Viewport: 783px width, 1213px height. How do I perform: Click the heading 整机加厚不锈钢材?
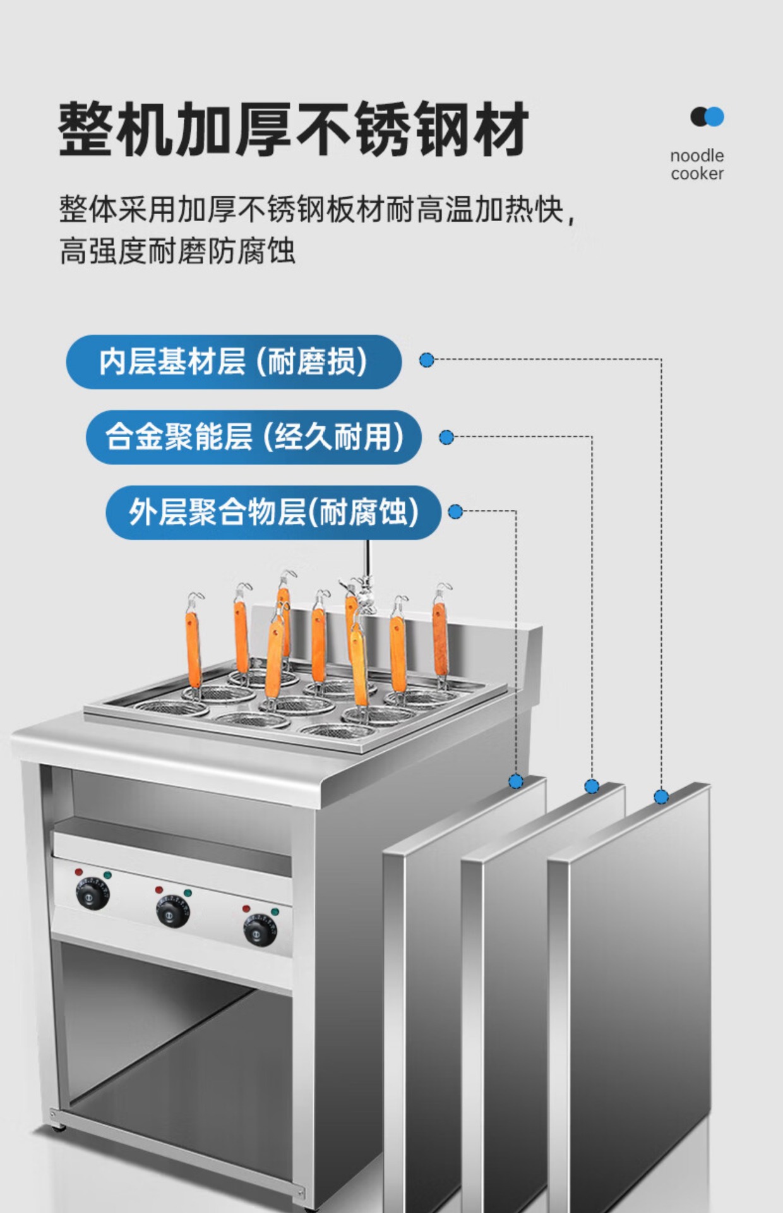(293, 130)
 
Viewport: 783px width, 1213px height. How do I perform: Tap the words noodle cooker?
(696, 164)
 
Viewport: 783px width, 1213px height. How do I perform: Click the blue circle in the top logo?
(714, 117)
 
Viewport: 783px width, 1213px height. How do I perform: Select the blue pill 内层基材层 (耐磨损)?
(234, 362)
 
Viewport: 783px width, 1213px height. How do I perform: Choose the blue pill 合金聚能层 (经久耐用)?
(253, 437)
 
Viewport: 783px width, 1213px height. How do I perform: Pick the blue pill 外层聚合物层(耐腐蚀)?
(273, 512)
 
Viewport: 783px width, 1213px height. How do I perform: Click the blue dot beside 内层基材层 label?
(427, 360)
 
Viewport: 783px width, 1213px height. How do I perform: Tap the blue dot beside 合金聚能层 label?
(446, 437)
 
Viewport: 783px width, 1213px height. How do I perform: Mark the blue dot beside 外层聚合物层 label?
(455, 512)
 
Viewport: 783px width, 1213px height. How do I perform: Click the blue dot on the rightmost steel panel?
(661, 797)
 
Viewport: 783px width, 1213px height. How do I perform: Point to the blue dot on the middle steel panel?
(592, 786)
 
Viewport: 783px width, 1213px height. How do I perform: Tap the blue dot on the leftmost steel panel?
(516, 782)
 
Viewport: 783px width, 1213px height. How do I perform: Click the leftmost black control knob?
(93, 895)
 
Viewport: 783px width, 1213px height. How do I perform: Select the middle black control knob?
(172, 913)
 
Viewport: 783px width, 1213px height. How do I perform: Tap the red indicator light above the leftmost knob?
(79, 872)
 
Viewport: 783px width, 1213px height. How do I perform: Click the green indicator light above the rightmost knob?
(275, 912)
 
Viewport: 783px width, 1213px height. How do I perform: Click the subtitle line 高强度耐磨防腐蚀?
(177, 251)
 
